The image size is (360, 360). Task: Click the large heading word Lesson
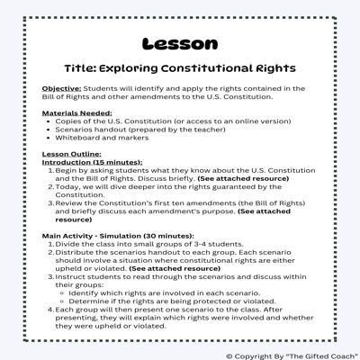click(x=179, y=42)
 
